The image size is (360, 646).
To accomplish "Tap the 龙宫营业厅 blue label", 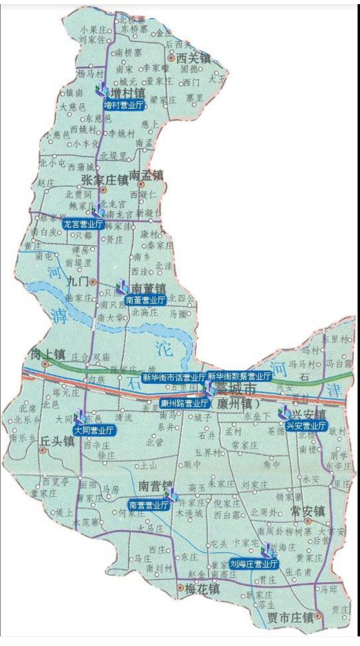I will tap(83, 224).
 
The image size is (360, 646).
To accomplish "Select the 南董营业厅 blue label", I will tap(145, 300).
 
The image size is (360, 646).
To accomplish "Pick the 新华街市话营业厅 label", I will tap(173, 377).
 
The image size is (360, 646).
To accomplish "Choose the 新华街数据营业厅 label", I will tap(239, 376).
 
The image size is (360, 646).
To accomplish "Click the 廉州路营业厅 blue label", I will tap(184, 403).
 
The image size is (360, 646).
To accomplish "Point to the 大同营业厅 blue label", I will tap(94, 430).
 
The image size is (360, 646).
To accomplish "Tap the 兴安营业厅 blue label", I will tap(306, 426).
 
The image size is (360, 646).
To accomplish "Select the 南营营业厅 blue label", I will tap(149, 505).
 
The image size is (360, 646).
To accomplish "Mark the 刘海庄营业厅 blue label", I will tap(255, 563).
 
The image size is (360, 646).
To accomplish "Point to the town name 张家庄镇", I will tap(105, 180).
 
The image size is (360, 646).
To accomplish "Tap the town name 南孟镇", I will tap(146, 177).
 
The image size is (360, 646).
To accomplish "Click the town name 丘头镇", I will tap(57, 442).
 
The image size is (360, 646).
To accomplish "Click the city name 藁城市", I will tap(235, 389).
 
